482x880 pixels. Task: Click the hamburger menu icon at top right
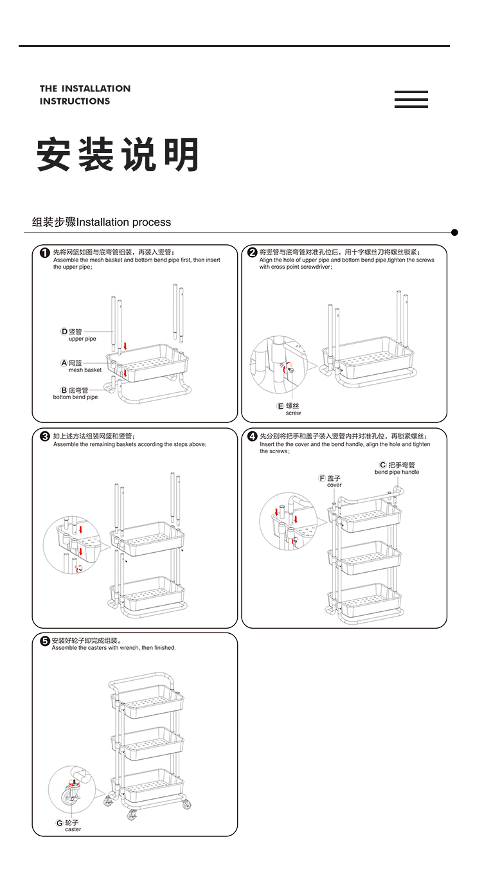click(411, 99)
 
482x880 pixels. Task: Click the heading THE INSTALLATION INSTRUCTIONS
click(85, 94)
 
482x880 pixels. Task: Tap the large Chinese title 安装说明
click(118, 155)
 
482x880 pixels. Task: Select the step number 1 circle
click(45, 253)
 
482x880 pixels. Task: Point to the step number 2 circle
click(253, 253)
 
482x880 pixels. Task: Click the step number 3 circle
click(45, 436)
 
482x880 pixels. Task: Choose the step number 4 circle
click(253, 436)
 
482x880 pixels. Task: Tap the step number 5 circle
click(45, 641)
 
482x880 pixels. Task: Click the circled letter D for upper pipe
click(64, 332)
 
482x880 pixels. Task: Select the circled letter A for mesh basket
click(64, 363)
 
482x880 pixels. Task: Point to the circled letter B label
click(64, 390)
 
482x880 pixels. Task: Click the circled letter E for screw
click(280, 406)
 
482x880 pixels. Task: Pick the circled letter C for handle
click(383, 465)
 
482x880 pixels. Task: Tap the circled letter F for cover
click(322, 478)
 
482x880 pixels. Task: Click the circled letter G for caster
click(60, 823)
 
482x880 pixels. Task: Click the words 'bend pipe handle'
click(397, 472)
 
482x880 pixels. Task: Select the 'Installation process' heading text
click(124, 222)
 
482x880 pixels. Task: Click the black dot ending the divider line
click(454, 232)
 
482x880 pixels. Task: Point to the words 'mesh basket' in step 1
click(85, 370)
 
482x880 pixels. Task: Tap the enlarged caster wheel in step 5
click(68, 796)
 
